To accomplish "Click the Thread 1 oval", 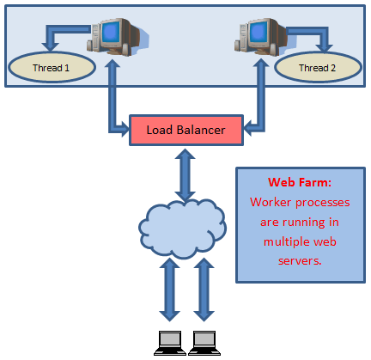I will (49, 66).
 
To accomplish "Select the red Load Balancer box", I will (185, 131).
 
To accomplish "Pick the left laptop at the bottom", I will (169, 342).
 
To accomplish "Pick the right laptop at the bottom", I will (204, 342).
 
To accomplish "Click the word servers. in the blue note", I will (292, 260).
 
